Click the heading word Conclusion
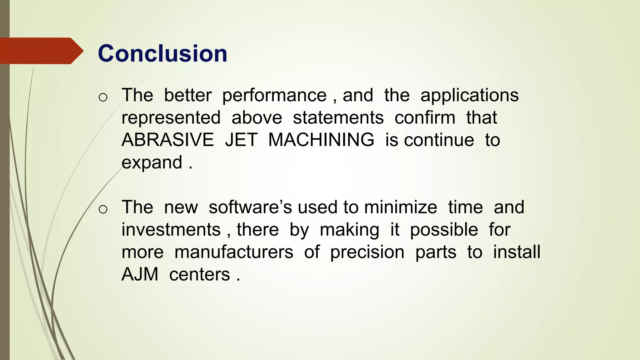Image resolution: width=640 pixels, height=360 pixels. [162, 53]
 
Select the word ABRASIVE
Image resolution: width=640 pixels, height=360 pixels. [167, 140]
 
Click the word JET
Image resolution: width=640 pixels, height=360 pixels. [241, 140]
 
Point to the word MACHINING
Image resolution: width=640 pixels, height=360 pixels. [321, 140]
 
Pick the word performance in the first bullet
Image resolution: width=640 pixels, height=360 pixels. [274, 95]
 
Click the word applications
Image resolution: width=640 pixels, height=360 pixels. [469, 95]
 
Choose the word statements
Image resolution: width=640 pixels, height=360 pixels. [338, 118]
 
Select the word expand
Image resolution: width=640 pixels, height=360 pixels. [152, 163]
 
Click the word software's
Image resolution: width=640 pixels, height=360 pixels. [250, 207]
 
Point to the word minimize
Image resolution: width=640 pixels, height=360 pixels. [401, 207]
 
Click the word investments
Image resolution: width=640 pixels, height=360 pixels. [171, 230]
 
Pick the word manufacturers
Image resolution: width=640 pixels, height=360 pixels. [234, 252]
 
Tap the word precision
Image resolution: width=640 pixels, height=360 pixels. [367, 252]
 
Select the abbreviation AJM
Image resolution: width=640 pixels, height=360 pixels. [140, 274]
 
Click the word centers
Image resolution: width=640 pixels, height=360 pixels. [200, 275]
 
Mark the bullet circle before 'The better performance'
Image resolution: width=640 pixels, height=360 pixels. [103, 97]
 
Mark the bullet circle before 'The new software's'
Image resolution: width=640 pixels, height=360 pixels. [103, 209]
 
